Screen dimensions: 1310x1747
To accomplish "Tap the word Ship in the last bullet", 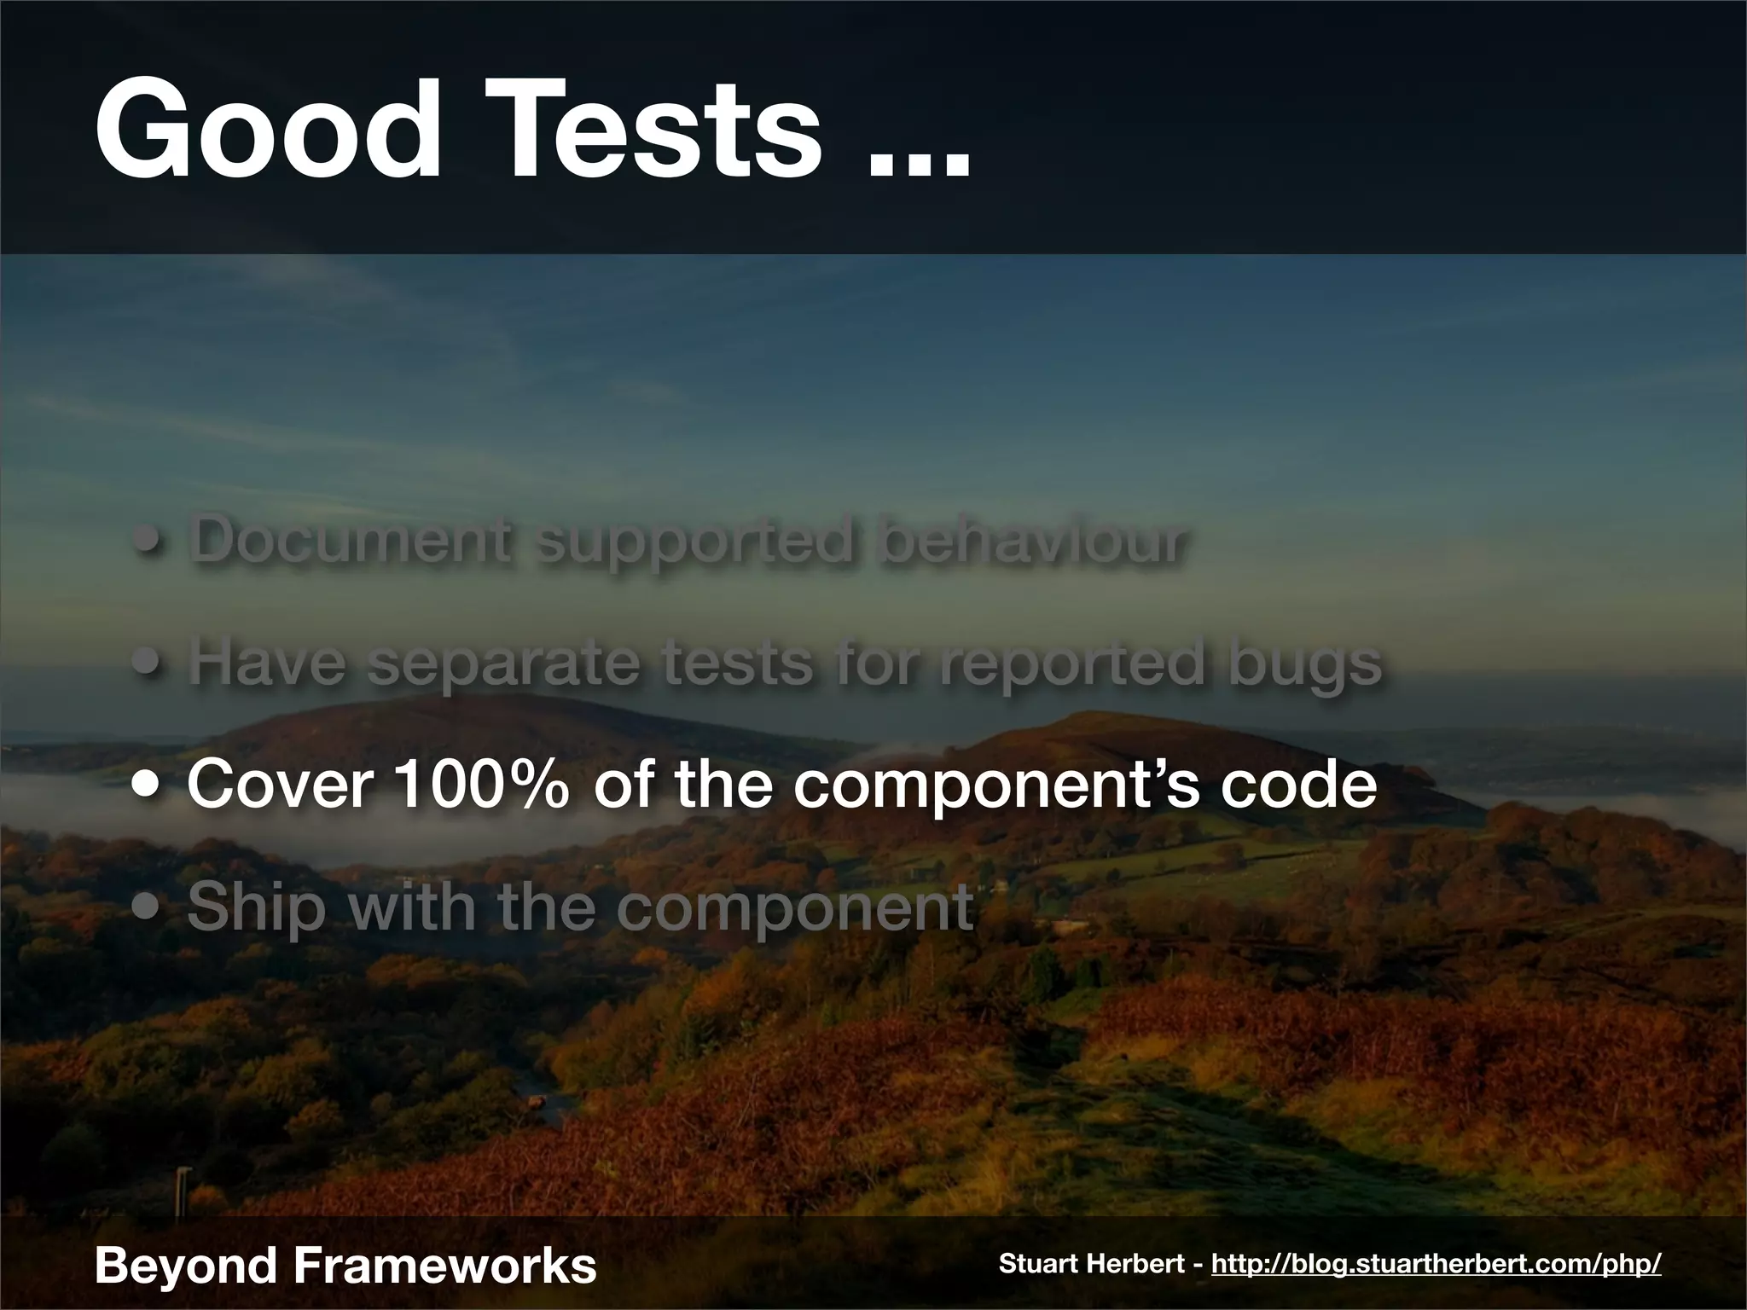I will [x=256, y=908].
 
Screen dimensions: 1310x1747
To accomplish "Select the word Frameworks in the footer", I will [x=445, y=1264].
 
